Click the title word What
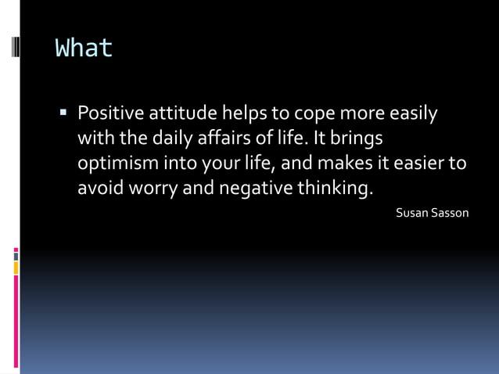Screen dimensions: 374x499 coord(84,49)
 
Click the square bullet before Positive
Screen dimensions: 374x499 coord(65,113)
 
